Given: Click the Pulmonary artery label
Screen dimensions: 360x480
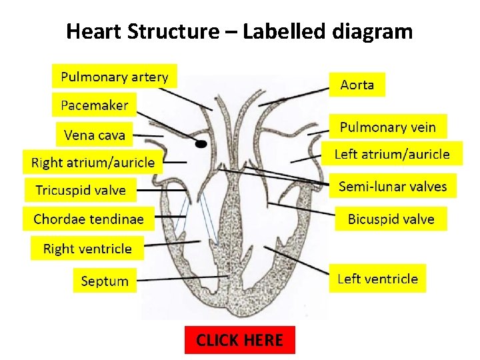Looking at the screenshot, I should (x=115, y=77).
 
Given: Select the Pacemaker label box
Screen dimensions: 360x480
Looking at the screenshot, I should (x=94, y=105).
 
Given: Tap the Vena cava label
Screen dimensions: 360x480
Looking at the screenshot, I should (x=94, y=135).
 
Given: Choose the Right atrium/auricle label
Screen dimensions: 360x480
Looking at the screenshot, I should (x=93, y=162).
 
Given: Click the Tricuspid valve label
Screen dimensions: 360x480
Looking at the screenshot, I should (x=80, y=190).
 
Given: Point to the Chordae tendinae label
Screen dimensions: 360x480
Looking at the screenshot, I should (x=88, y=219).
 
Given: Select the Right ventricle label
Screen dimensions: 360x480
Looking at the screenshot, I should (x=87, y=249).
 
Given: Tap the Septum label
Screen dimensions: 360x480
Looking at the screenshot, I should (x=105, y=281).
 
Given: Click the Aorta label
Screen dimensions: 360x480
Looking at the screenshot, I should (x=357, y=85).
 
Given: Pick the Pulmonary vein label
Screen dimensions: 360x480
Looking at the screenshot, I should (x=387, y=127).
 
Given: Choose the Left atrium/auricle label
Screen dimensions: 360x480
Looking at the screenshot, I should (x=392, y=155).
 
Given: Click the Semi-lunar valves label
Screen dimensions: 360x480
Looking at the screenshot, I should (x=393, y=186).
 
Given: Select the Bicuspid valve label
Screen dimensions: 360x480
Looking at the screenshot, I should (x=391, y=219).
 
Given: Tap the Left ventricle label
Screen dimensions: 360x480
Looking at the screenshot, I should (x=377, y=279).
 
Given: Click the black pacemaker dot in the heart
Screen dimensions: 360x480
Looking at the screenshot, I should (x=201, y=143).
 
